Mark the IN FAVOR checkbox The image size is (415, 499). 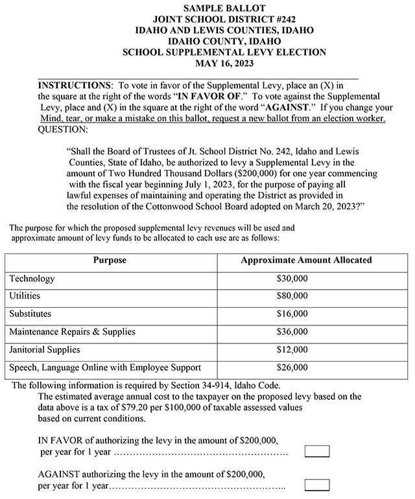point(317,451)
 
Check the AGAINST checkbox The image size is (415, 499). point(317,485)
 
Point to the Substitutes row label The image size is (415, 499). point(30,314)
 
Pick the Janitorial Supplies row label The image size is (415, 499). point(45,350)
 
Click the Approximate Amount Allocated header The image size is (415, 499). point(306,261)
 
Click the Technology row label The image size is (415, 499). point(32,279)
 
